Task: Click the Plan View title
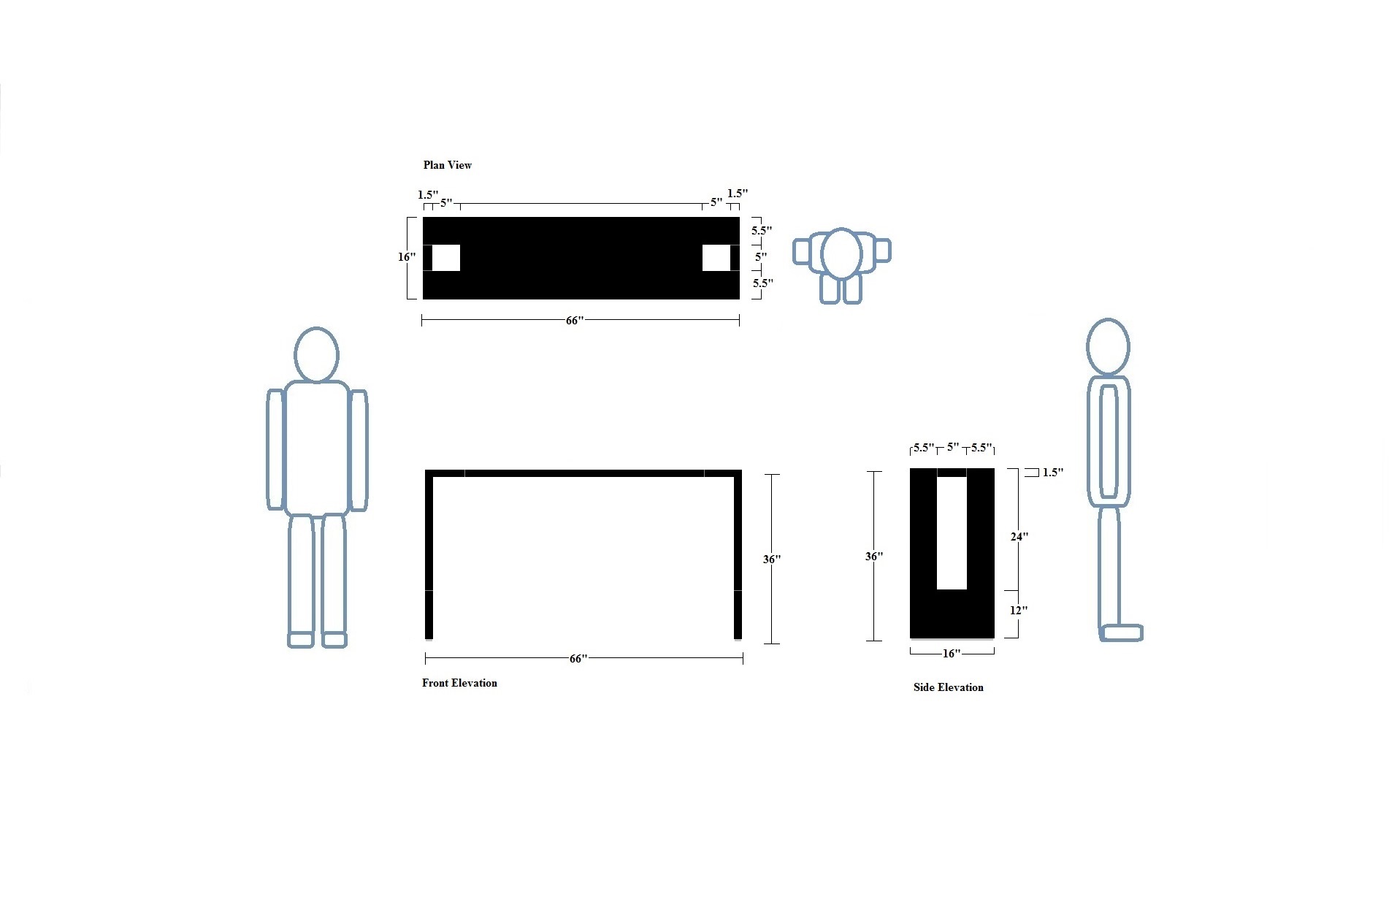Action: (x=448, y=165)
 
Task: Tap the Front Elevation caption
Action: (x=459, y=683)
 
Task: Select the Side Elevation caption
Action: (x=948, y=687)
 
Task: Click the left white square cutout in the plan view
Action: (x=446, y=258)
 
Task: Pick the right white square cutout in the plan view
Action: (x=716, y=258)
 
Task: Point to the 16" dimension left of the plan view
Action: (x=407, y=257)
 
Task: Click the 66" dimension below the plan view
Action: (x=575, y=321)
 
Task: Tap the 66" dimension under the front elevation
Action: (x=578, y=659)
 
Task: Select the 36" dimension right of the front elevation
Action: (x=772, y=560)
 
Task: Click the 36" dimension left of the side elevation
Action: (x=874, y=557)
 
